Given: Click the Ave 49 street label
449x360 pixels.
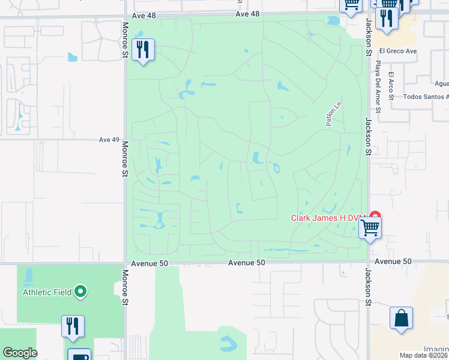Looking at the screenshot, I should coord(109,140).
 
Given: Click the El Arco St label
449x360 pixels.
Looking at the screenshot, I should coord(391,83).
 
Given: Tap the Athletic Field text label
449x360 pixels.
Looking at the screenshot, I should coord(47,293).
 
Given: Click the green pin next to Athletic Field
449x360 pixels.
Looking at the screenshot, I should coord(81,293).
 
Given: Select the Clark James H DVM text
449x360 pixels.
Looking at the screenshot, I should coord(328,218).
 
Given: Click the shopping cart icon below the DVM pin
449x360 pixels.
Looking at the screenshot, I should coord(370,228).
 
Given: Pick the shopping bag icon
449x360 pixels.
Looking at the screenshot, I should coord(401,319).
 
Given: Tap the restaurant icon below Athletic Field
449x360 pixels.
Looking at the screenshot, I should coord(73,326).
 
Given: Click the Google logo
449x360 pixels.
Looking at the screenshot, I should coord(20,353).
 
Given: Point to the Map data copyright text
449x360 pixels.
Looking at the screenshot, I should coord(424,355).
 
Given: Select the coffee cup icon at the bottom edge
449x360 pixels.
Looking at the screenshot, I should coord(79,355).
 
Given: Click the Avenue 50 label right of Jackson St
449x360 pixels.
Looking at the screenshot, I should coord(393,262).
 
